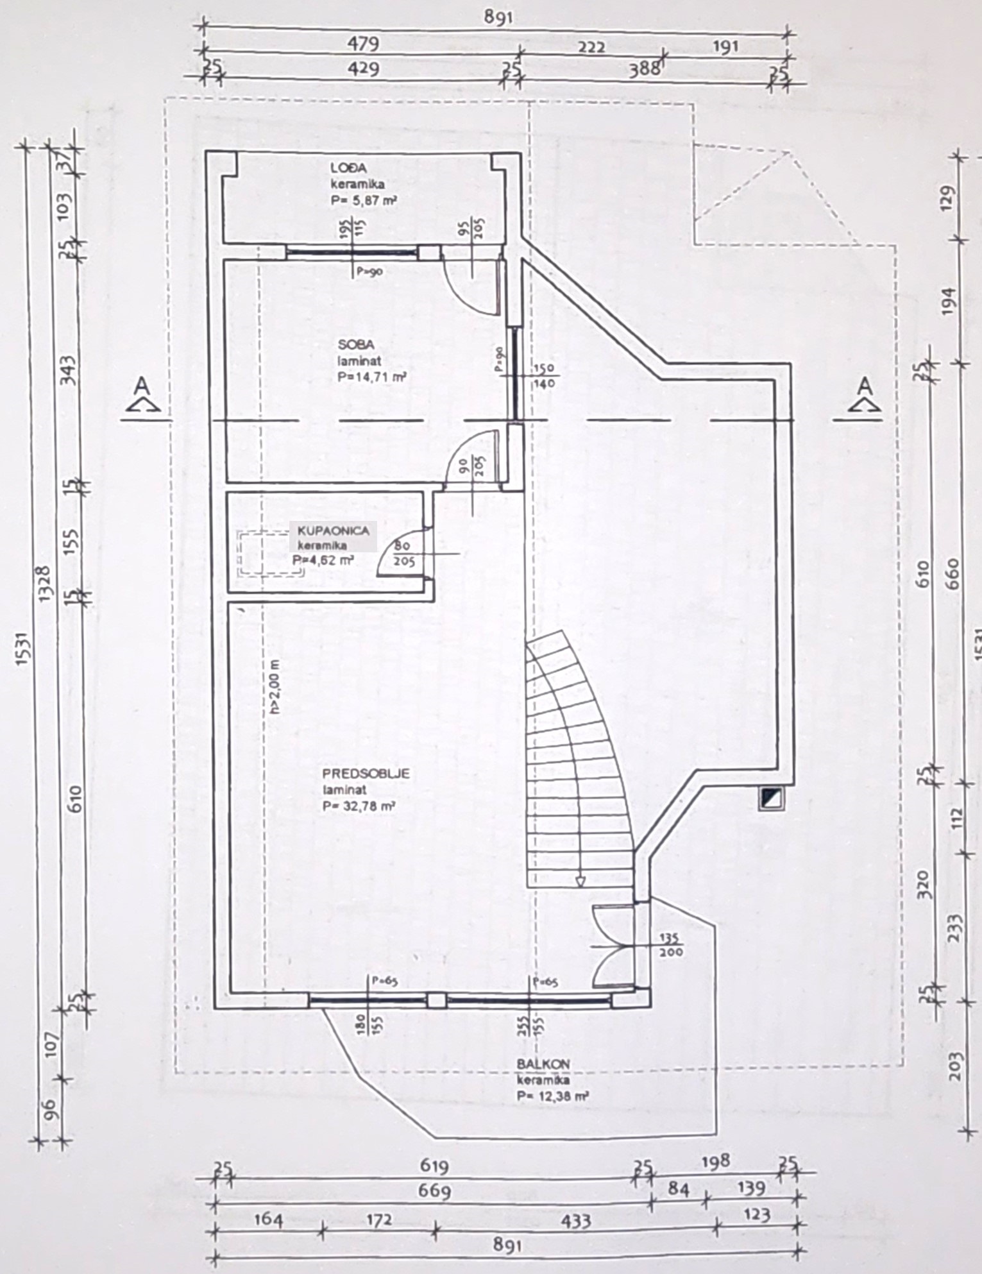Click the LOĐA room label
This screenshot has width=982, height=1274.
pos(348,168)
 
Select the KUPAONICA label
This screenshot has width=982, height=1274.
pos(334,531)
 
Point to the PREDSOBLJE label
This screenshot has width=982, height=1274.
pos(366,774)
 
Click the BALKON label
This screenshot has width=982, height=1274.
pos(543,1064)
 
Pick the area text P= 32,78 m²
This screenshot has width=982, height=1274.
pos(359,806)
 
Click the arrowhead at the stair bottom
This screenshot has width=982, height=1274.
pos(580,881)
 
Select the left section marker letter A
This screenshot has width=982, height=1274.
pos(142,386)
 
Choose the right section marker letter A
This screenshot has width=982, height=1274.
pos(865,386)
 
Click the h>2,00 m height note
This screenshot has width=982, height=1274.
pos(275,686)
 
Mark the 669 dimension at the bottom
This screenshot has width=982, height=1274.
pos(435,1191)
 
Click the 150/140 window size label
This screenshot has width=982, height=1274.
pos(545,377)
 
